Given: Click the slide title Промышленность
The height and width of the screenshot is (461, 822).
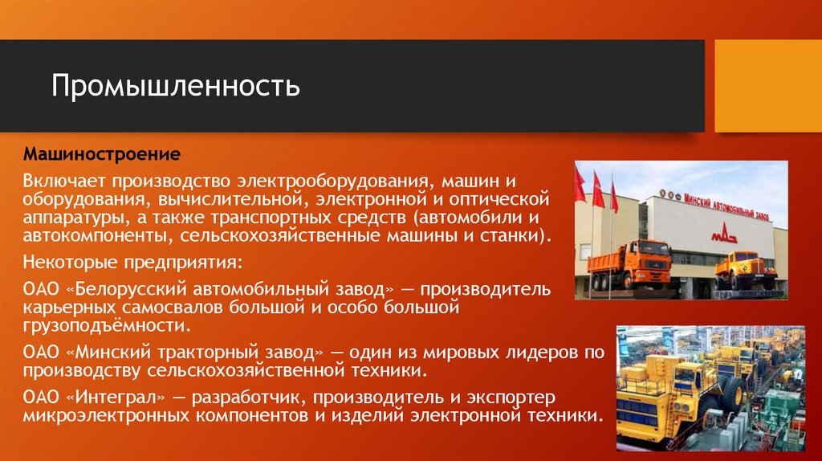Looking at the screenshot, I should coord(176,86).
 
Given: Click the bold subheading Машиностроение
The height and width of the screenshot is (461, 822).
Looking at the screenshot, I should coord(101,152).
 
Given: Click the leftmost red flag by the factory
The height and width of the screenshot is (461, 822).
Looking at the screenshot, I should coord(579,186).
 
